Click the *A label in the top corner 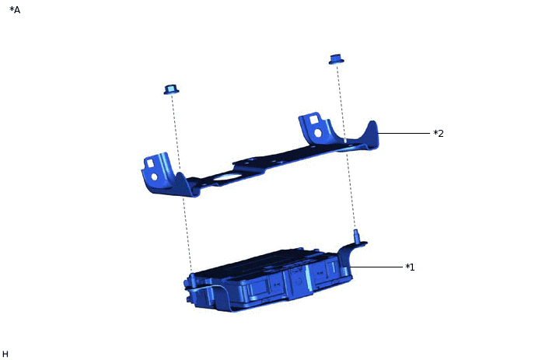click(15, 10)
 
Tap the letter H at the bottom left click(5, 354)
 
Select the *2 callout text click(439, 134)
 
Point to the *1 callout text click(410, 267)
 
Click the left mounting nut click(171, 89)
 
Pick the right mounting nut click(336, 59)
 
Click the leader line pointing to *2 click(404, 133)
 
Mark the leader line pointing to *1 click(376, 267)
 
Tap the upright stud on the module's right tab click(356, 236)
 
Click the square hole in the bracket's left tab click(151, 163)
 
